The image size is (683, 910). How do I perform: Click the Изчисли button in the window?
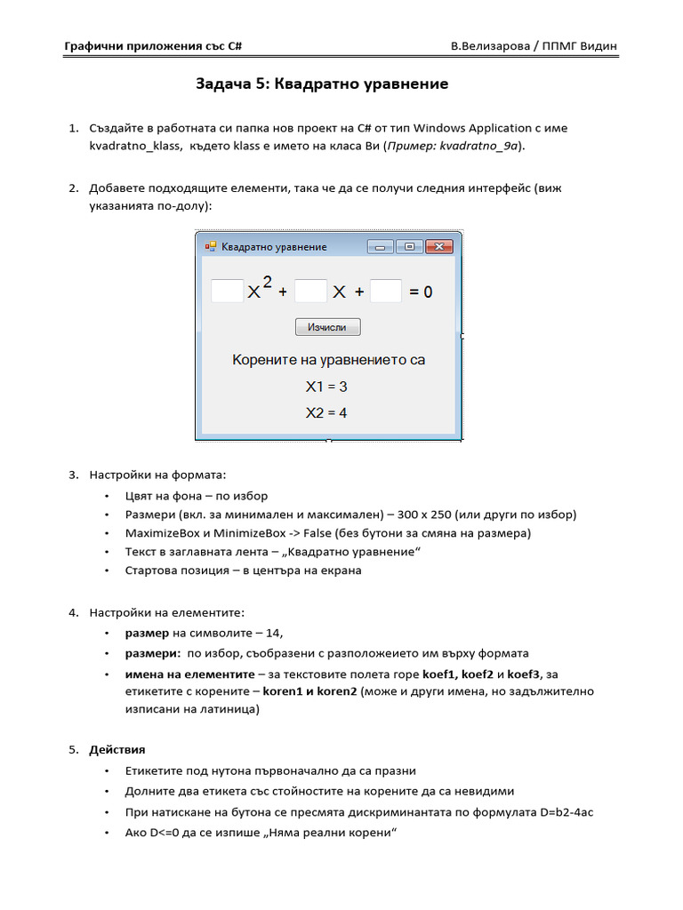pyautogui.click(x=327, y=327)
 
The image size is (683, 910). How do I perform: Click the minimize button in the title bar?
pyautogui.click(x=380, y=247)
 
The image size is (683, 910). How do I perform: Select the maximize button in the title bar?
pyautogui.click(x=409, y=247)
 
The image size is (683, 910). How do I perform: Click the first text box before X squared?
pyautogui.click(x=227, y=291)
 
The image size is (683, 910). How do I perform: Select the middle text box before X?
pyautogui.click(x=310, y=291)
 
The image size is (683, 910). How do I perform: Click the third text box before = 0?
pyautogui.click(x=386, y=291)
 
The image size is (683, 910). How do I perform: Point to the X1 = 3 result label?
pyautogui.click(x=326, y=387)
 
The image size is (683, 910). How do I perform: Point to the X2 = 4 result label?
pyautogui.click(x=326, y=413)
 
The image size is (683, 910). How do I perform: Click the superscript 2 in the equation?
pyautogui.click(x=268, y=282)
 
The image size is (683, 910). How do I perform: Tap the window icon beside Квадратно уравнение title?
pyautogui.click(x=211, y=247)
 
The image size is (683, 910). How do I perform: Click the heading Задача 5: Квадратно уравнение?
pyautogui.click(x=322, y=84)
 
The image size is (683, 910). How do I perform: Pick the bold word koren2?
pyautogui.click(x=337, y=691)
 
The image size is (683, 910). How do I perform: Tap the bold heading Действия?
pyautogui.click(x=117, y=750)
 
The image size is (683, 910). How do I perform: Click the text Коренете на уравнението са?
pyautogui.click(x=328, y=360)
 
